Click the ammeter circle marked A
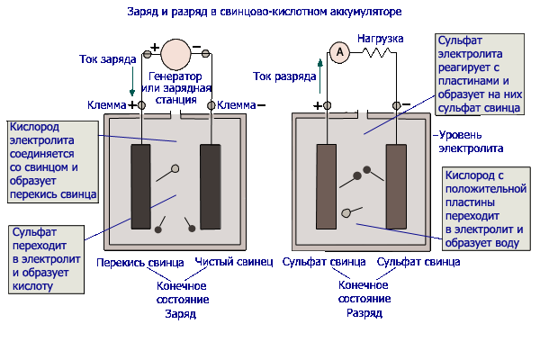point(339,52)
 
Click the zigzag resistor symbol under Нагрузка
point(376,53)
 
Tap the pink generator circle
point(175,54)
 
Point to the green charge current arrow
point(132,81)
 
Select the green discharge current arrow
point(320,76)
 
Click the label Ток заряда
point(108,59)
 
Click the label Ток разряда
point(284,76)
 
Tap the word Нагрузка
point(380,38)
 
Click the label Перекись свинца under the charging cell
point(140,263)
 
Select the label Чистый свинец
point(234,262)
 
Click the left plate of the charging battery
point(140,186)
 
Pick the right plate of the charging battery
point(211,186)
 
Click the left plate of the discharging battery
point(326,186)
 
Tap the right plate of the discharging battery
point(396,186)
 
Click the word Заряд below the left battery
point(181,314)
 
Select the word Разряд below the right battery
point(364,313)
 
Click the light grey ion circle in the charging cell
point(175,168)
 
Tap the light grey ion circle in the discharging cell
point(346,213)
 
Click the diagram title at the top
point(265,12)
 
